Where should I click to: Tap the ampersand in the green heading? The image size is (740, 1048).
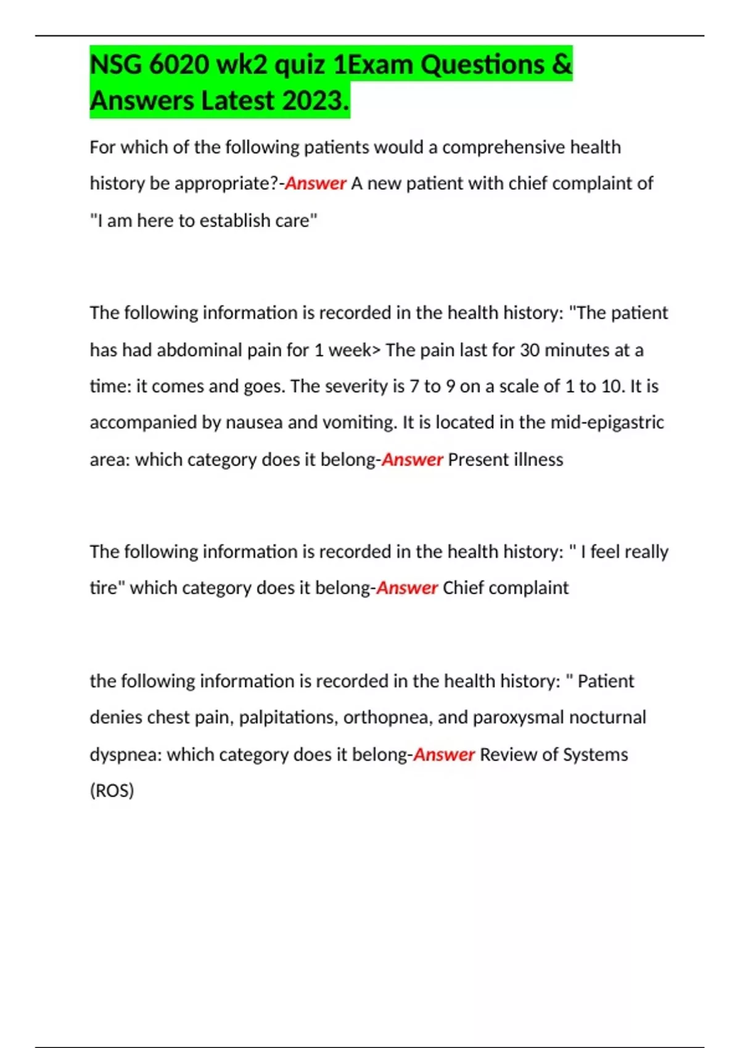point(562,65)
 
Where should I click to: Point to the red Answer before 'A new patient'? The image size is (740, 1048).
point(315,184)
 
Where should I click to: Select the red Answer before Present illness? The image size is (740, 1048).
point(412,460)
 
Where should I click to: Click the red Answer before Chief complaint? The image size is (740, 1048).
point(407,588)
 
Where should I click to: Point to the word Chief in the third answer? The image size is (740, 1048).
point(463,588)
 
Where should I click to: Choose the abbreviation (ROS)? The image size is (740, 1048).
point(112,791)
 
